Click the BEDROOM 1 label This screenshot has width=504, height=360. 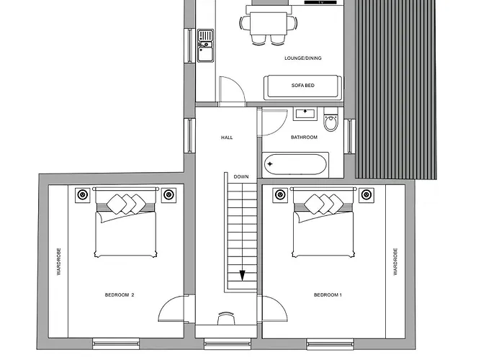tap(328, 294)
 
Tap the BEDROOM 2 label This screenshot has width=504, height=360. tap(120, 294)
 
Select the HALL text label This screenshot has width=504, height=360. tap(227, 137)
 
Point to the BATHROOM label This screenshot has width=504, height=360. tap(304, 137)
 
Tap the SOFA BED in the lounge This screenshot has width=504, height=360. tap(303, 86)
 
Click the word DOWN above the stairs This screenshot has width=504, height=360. tap(241, 176)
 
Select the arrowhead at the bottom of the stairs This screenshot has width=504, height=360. tap(243, 275)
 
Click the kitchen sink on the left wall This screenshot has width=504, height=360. tap(205, 42)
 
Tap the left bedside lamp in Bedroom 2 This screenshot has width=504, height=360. tap(82, 194)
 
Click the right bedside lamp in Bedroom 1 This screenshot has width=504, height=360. tap(366, 194)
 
